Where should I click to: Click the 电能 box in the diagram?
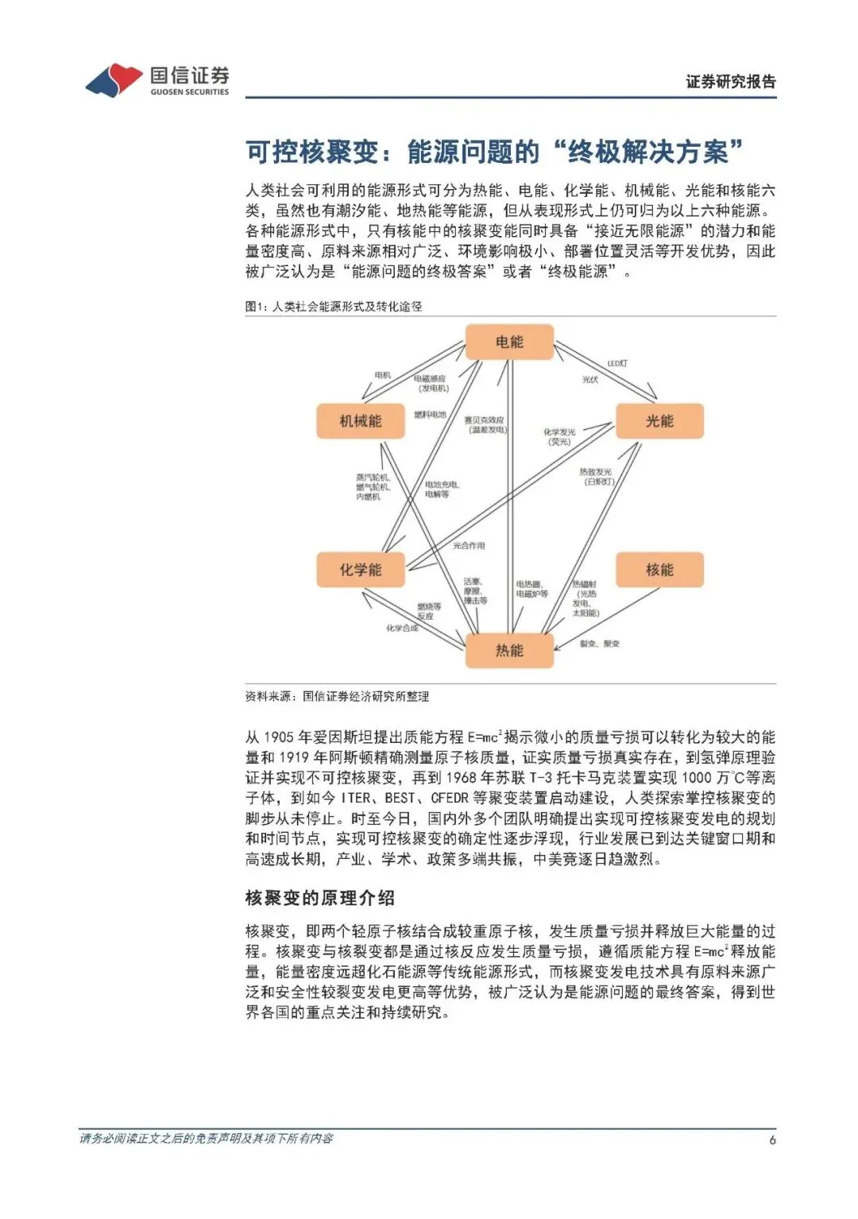[x=509, y=342]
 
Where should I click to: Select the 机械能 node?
[x=361, y=421]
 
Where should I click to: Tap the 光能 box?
[x=659, y=421]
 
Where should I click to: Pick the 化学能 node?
[x=361, y=570]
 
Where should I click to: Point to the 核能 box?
[x=659, y=570]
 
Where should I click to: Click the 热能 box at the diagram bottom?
[x=509, y=651]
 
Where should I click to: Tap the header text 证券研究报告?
[x=731, y=81]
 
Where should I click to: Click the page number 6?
[x=772, y=1140]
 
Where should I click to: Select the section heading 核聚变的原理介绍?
[x=320, y=898]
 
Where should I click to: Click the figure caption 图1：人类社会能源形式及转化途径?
[x=334, y=306]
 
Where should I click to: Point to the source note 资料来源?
[x=337, y=696]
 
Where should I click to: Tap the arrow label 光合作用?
[x=469, y=546]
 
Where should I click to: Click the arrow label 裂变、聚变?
[x=599, y=644]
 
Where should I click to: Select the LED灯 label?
[x=617, y=363]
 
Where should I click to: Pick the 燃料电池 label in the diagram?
[x=430, y=415]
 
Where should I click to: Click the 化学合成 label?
[x=402, y=629]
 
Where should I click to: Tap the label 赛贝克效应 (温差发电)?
[x=485, y=424]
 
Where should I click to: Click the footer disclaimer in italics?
[x=206, y=1139]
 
